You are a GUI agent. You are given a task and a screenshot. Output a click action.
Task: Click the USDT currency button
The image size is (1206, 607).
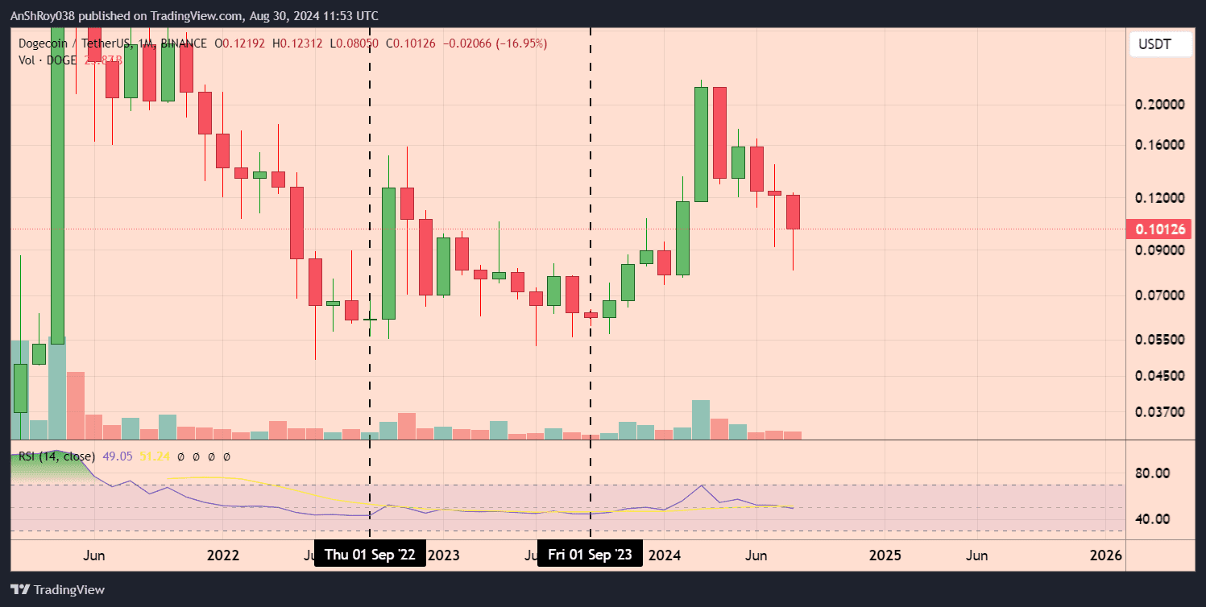(1160, 45)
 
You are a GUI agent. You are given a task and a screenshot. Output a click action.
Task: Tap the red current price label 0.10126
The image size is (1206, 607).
(1160, 229)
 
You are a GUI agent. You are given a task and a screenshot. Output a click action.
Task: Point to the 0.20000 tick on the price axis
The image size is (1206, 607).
(1160, 105)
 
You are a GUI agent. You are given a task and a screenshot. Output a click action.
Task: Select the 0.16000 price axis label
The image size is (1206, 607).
(1160, 146)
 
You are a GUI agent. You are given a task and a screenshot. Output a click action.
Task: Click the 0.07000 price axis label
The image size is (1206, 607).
(1160, 295)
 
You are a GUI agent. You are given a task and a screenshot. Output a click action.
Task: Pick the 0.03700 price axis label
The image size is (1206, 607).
(1160, 412)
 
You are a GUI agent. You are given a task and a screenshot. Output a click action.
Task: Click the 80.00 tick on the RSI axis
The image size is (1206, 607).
(1152, 473)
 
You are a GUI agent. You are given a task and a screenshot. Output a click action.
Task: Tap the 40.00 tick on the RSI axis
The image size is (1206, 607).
(1152, 518)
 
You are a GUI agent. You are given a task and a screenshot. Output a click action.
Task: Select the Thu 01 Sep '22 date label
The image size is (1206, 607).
(370, 555)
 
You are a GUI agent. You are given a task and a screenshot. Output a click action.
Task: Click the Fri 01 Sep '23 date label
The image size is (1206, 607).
(591, 555)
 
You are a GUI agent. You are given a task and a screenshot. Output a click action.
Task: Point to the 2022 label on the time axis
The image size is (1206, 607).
(223, 555)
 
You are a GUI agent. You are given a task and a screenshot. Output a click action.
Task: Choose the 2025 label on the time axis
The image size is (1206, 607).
(885, 555)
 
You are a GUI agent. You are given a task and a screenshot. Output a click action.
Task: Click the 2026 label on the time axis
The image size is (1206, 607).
(1105, 555)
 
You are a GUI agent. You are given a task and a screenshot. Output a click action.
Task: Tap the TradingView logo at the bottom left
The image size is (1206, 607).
(58, 589)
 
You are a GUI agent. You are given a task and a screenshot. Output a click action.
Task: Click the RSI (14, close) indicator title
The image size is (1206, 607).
(56, 456)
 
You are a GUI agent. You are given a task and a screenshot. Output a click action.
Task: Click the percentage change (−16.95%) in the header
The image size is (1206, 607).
(521, 43)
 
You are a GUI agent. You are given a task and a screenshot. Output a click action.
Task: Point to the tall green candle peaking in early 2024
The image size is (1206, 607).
(701, 143)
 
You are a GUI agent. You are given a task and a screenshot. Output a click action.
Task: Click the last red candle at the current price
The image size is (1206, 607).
(793, 212)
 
